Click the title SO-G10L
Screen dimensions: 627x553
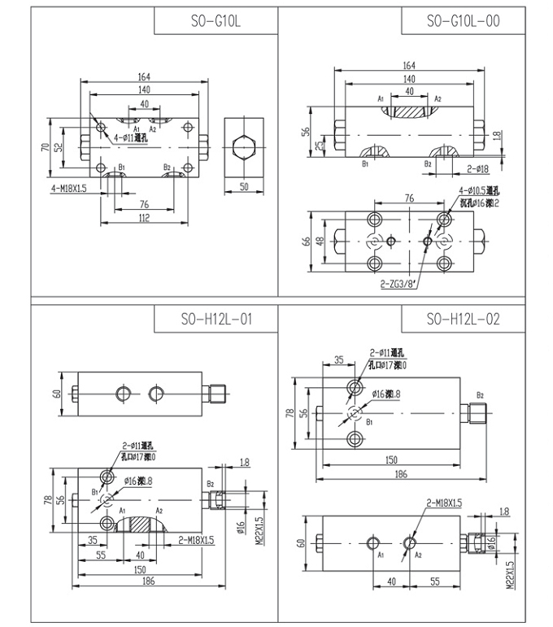pos(216,21)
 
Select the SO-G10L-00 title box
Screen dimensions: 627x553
pos(463,21)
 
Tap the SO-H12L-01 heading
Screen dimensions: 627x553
pos(216,319)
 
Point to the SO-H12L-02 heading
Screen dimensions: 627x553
pos(463,319)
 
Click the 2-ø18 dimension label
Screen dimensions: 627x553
pos(477,168)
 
